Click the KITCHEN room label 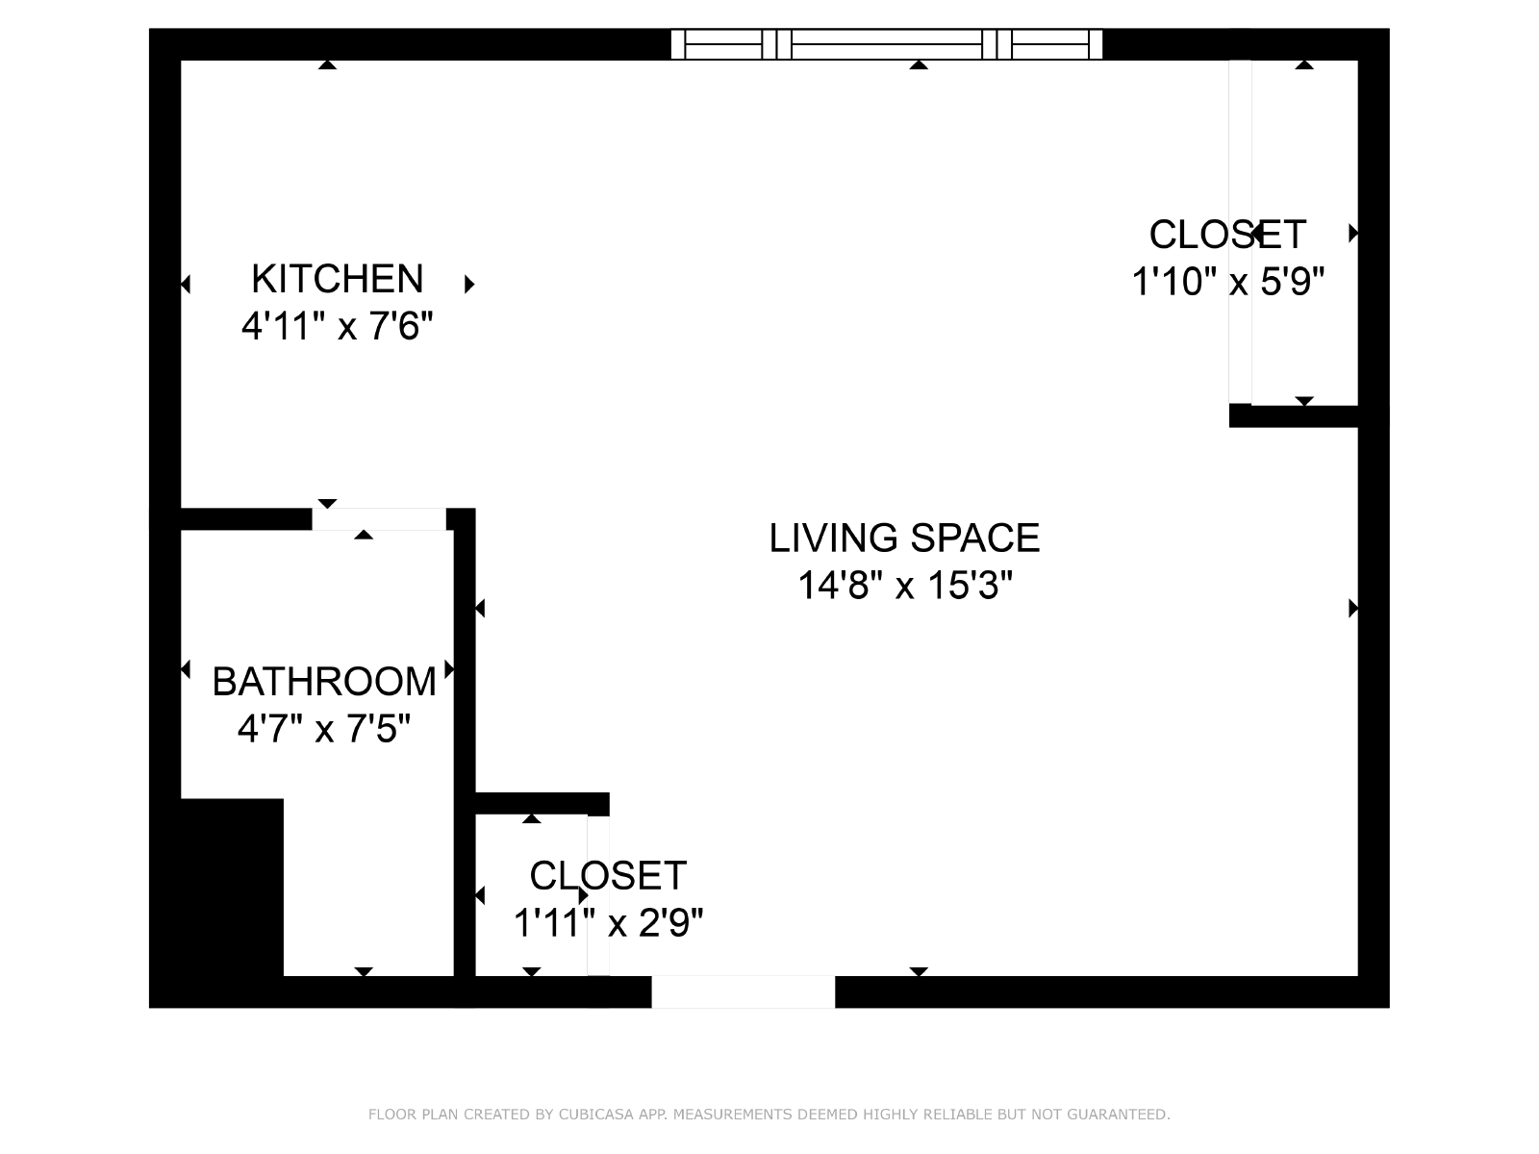pyautogui.click(x=338, y=279)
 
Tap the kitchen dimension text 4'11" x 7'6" pyautogui.click(x=338, y=326)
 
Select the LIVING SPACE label pyautogui.click(x=904, y=539)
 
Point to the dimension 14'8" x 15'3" pyautogui.click(x=905, y=585)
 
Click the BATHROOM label pyautogui.click(x=324, y=682)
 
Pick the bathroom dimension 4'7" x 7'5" pyautogui.click(x=324, y=729)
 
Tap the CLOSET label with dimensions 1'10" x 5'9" pyautogui.click(x=1227, y=235)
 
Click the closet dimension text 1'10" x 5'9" pyautogui.click(x=1227, y=282)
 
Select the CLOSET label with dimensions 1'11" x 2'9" pyautogui.click(x=608, y=876)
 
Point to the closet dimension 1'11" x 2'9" pyautogui.click(x=608, y=923)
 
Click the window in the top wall pyautogui.click(x=887, y=44)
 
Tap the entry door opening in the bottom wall pyautogui.click(x=744, y=991)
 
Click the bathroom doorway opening pyautogui.click(x=379, y=519)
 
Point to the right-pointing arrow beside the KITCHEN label pyautogui.click(x=469, y=284)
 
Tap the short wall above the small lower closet pyautogui.click(x=542, y=804)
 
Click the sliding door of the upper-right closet pyautogui.click(x=1240, y=232)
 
